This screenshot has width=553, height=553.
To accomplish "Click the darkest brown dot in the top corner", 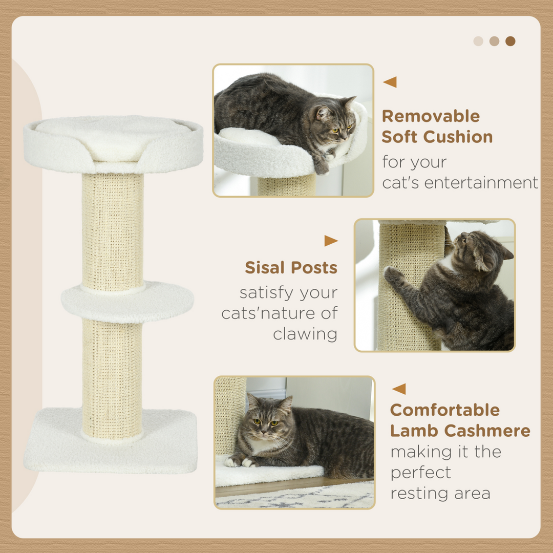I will (x=510, y=41).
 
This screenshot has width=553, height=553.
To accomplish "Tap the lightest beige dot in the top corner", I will (x=478, y=41).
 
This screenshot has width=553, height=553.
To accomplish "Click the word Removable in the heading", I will (x=431, y=116).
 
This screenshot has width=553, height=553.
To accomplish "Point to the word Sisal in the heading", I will (x=265, y=268).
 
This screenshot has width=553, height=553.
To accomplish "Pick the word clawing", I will (x=305, y=334).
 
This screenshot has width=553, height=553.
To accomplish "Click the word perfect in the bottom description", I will (x=420, y=472).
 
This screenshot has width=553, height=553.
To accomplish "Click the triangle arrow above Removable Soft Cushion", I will (x=390, y=82).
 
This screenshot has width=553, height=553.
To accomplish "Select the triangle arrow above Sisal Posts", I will (x=331, y=241).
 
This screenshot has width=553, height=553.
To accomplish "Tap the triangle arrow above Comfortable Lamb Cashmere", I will (x=399, y=389).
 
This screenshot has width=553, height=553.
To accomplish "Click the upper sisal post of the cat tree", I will (x=113, y=230).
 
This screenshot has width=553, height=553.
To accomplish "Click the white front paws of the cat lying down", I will (x=241, y=461).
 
